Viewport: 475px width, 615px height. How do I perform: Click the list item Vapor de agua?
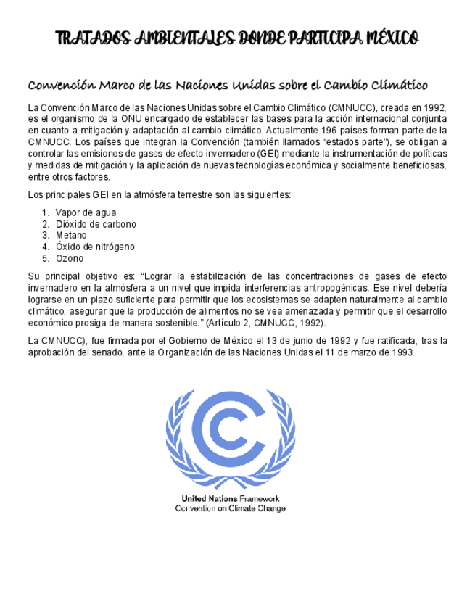(86, 212)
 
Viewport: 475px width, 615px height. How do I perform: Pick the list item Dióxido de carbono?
(96, 224)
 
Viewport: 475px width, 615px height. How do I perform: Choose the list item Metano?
(71, 235)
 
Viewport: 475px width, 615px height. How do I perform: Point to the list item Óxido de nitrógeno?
(95, 247)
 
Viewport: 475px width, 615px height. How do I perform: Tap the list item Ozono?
(70, 258)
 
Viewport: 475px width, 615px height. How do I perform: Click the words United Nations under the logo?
(210, 498)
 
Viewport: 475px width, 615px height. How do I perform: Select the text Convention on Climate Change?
(230, 508)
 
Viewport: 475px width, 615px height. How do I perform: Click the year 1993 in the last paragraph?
(401, 352)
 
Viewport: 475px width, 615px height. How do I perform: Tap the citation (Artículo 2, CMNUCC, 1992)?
(265, 322)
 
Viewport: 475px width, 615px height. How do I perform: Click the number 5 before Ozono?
(45, 258)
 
